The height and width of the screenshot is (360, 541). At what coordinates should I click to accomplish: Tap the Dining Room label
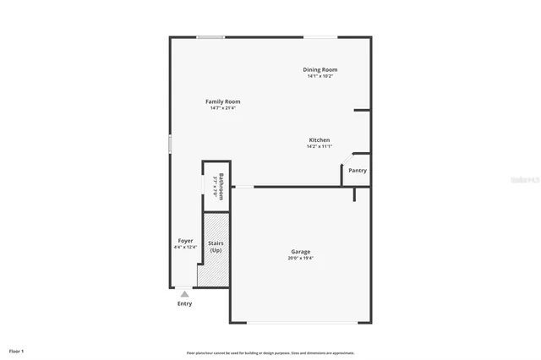point(320,69)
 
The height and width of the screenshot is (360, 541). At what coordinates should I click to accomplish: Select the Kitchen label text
point(319,139)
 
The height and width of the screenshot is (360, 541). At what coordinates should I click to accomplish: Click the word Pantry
point(358,170)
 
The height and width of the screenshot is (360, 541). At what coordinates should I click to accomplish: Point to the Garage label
point(301,251)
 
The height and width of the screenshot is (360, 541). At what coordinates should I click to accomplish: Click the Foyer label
point(185,241)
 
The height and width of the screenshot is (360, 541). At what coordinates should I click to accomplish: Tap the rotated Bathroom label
point(221,185)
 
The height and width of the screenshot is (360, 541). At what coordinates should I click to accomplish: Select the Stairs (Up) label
point(216,247)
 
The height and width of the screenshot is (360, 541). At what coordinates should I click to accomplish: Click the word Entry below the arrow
point(184,303)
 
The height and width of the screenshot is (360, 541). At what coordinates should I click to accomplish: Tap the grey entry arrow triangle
point(184,293)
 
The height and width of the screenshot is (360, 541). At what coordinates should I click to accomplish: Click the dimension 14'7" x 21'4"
point(223,108)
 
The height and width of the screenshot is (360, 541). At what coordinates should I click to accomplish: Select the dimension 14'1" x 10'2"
point(320,76)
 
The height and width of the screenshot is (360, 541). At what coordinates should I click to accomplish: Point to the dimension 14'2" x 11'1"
point(319,146)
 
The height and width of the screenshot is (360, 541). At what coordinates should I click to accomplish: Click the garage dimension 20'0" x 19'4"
point(301,258)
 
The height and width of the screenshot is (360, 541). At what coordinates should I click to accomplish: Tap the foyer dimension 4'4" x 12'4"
point(185,248)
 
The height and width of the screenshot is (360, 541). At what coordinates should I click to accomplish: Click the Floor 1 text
point(17,351)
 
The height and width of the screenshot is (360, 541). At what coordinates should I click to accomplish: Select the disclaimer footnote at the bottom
point(270,352)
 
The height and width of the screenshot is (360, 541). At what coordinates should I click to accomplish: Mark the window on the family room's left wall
point(170,144)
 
